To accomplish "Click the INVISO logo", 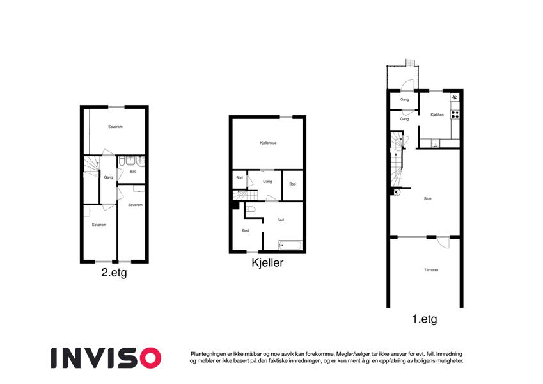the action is pyautogui.click(x=106, y=358).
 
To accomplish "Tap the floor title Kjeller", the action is pyautogui.click(x=267, y=262).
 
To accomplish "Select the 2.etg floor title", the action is pyautogui.click(x=114, y=273).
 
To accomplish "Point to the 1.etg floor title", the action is pyautogui.click(x=425, y=319).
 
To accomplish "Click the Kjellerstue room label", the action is pyautogui.click(x=269, y=143).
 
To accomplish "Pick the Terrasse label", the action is pyautogui.click(x=431, y=270).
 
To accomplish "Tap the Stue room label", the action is pyautogui.click(x=428, y=199).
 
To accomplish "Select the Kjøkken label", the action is pyautogui.click(x=437, y=115).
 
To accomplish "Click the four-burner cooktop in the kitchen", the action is pyautogui.click(x=455, y=115).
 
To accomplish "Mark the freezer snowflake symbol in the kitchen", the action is pyautogui.click(x=455, y=97).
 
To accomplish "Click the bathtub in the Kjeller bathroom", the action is pyautogui.click(x=290, y=245).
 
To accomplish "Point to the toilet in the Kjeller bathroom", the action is pyautogui.click(x=250, y=209).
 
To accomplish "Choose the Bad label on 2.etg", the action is pyautogui.click(x=133, y=172).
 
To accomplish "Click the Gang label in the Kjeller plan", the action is pyautogui.click(x=267, y=182).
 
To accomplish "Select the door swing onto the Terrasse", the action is pyautogui.click(x=443, y=242).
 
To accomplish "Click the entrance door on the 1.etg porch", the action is pyautogui.click(x=407, y=85).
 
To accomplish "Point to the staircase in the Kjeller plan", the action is pyautogui.click(x=245, y=195).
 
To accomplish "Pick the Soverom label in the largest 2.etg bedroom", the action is pyautogui.click(x=115, y=127).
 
